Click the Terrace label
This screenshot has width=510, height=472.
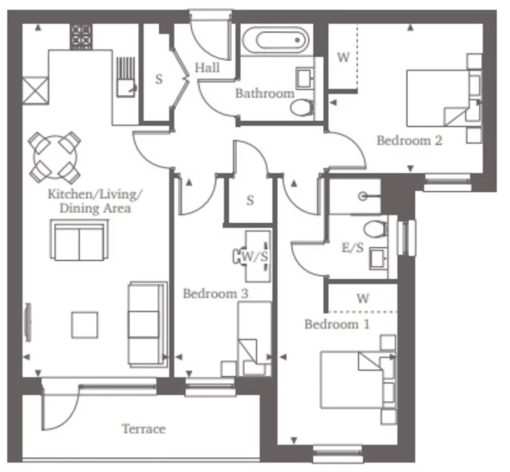(x=143, y=429)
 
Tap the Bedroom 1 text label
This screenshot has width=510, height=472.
(x=337, y=324)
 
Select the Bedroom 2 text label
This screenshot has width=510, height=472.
(x=409, y=140)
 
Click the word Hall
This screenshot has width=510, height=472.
(x=207, y=68)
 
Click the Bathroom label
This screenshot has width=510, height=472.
(x=264, y=94)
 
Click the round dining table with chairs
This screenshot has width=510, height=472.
(x=54, y=155)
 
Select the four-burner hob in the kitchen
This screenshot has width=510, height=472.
(x=82, y=37)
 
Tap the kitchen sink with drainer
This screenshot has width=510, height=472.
(x=125, y=78)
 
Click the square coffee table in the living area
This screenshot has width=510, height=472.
(x=85, y=325)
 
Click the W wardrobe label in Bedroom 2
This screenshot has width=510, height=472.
(x=343, y=58)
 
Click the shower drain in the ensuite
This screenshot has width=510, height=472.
(x=362, y=196)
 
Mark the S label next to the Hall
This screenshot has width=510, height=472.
(x=159, y=79)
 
